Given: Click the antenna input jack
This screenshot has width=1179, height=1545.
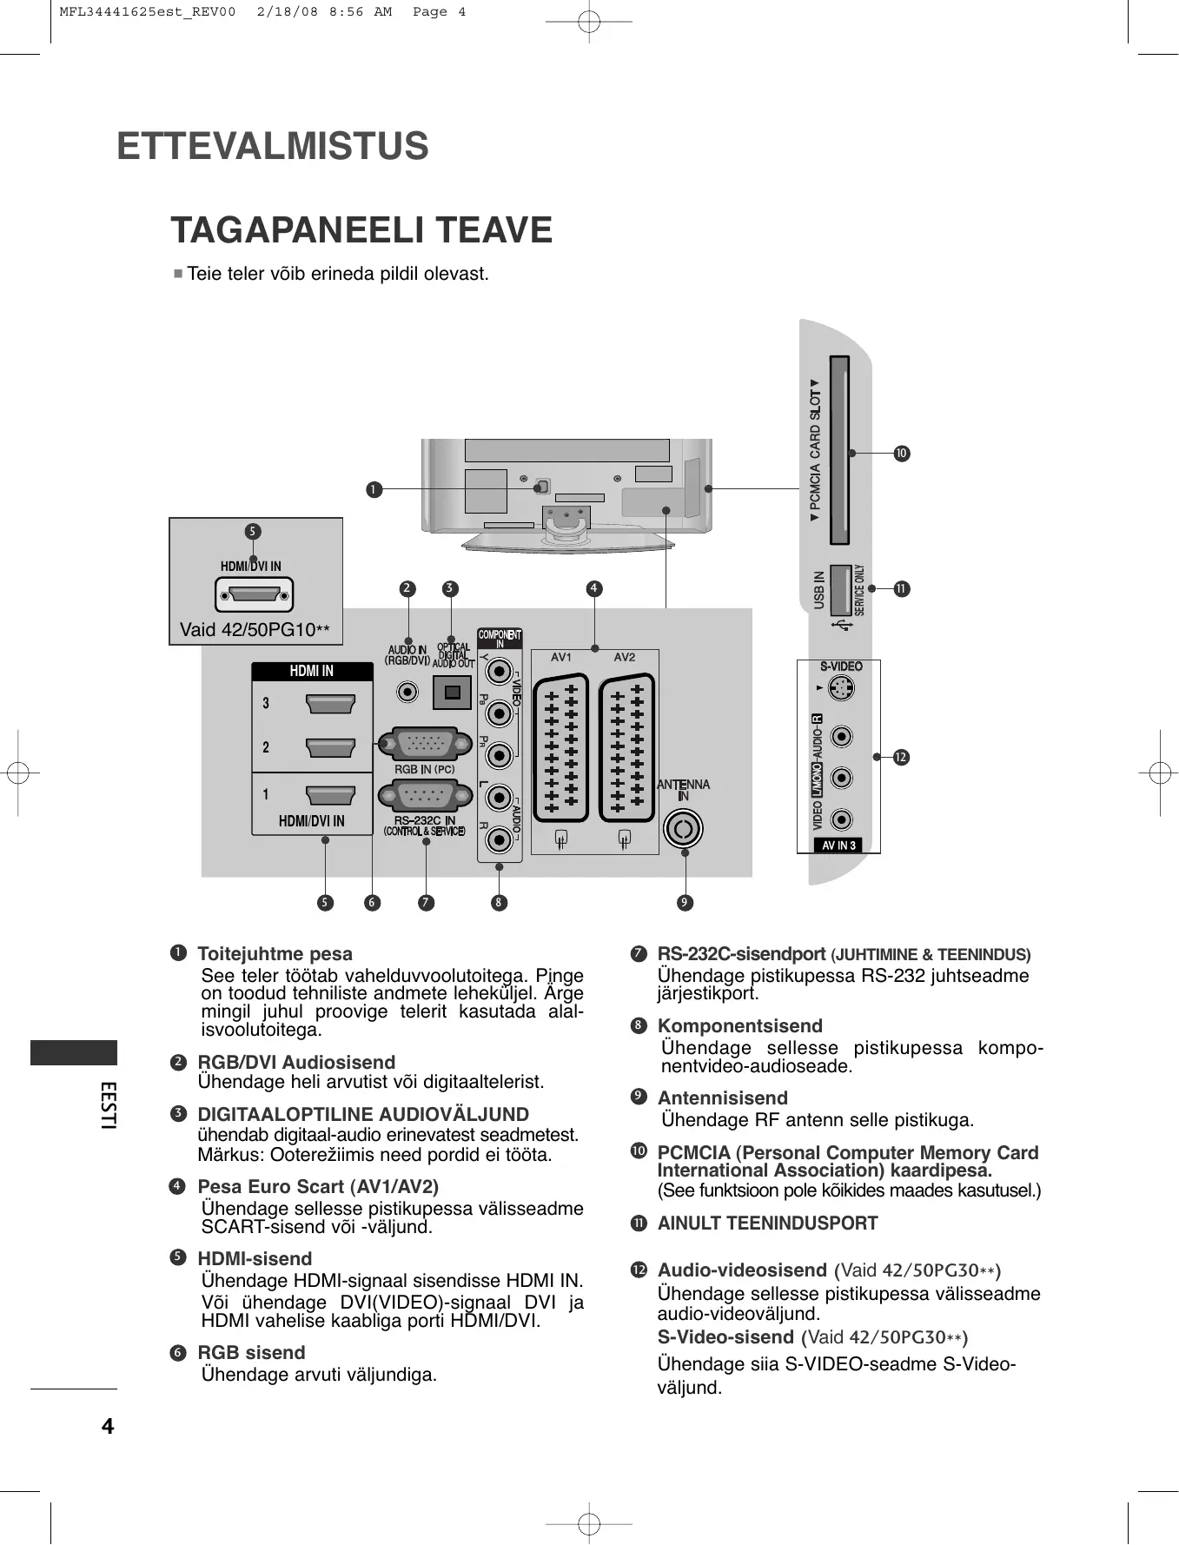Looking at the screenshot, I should [683, 829].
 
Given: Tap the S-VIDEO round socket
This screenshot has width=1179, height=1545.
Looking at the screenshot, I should [840, 689].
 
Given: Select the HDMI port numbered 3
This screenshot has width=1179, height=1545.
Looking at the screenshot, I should [330, 703].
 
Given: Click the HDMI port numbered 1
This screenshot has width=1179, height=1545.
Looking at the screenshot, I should [330, 795].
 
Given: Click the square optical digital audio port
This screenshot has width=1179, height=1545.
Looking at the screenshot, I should [452, 692].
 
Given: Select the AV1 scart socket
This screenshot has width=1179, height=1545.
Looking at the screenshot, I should [560, 747].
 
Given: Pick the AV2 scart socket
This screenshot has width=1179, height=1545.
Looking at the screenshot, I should [626, 747].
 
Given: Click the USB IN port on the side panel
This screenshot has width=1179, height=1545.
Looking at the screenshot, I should [840, 591].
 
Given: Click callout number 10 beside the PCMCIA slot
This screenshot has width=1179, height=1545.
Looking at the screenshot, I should [902, 454].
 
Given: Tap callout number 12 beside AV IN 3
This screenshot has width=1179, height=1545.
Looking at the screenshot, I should [901, 758].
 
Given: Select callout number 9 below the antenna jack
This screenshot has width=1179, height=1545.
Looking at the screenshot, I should [685, 903].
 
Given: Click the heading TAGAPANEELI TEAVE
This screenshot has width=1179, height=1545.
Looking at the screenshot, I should [361, 230].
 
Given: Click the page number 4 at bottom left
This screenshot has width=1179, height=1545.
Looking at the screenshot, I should [108, 1426].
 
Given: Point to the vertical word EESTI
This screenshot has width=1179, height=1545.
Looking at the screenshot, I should [108, 1104].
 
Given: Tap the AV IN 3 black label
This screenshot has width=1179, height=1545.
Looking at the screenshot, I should [838, 845].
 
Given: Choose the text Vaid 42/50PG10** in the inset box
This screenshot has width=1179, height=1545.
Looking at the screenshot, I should [255, 630].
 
